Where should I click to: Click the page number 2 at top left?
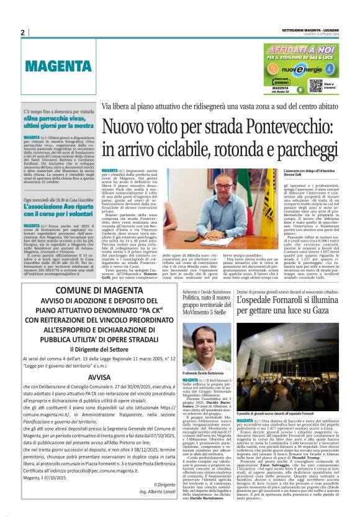tap(22, 32)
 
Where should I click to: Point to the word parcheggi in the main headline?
tap(304, 151)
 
